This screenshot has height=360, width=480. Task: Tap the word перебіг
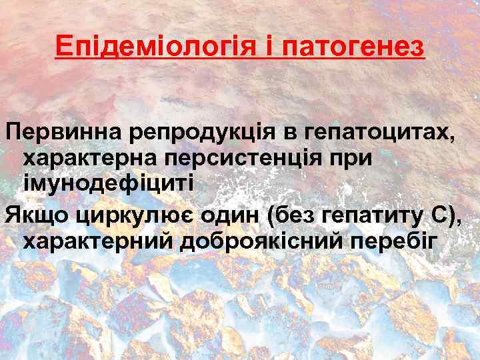(x=397, y=241)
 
